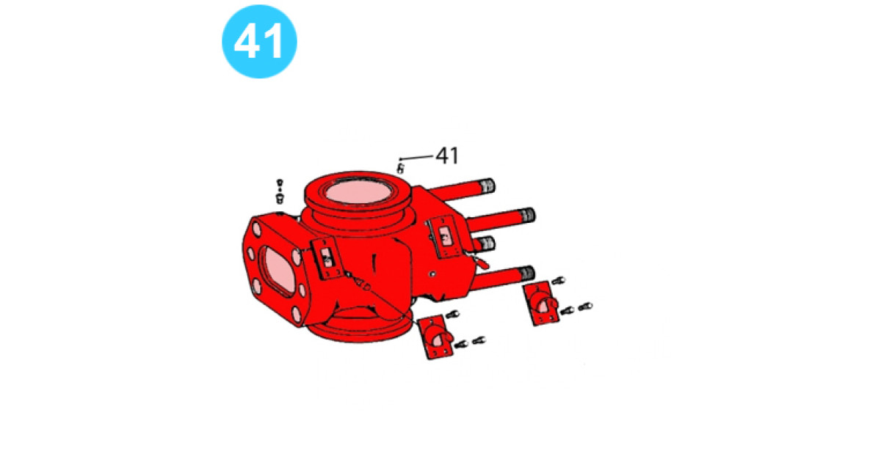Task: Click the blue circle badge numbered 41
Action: coord(259,41)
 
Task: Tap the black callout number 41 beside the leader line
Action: coord(447,155)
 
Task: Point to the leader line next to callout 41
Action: coord(416,157)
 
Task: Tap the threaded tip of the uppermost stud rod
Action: coord(487,186)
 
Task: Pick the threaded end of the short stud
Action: coord(487,243)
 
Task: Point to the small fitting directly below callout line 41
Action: coord(400,169)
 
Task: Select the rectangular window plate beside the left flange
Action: coord(326,257)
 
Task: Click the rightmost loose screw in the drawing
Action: coord(586,306)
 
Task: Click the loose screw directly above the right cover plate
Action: coord(557,280)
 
